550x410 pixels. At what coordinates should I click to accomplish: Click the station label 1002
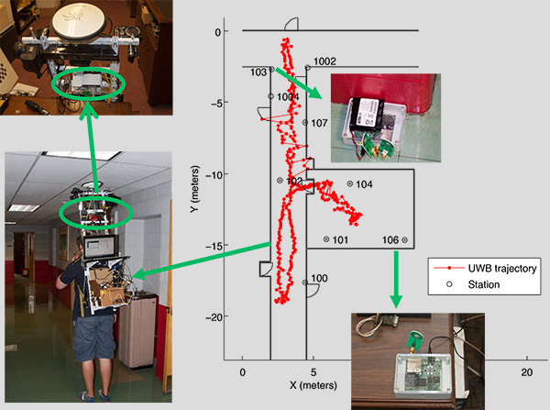tap(324, 61)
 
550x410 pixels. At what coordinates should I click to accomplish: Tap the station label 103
tap(258, 72)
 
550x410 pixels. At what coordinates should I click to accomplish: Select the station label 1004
tap(288, 96)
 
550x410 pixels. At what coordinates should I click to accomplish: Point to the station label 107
tap(319, 122)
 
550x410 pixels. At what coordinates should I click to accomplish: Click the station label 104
tap(364, 184)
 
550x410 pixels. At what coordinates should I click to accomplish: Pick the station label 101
tap(339, 240)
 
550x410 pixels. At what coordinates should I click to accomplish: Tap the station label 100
tap(319, 278)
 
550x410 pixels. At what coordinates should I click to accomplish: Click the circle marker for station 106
tap(404, 240)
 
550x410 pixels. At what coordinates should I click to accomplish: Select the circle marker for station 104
tap(350, 183)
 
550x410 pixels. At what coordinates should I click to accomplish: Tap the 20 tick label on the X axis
tap(526, 372)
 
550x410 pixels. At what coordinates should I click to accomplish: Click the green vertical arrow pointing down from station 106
tap(396, 279)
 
